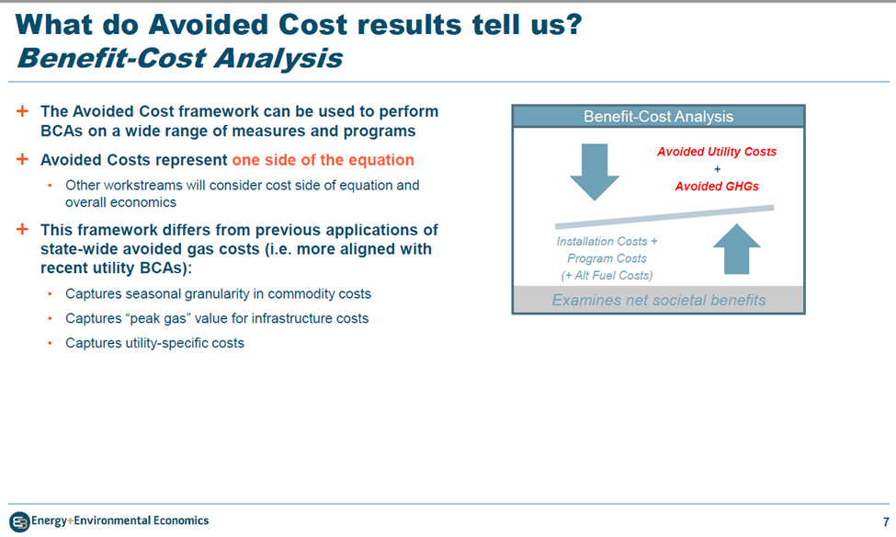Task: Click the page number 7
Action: (x=886, y=521)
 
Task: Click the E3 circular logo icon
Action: (x=19, y=521)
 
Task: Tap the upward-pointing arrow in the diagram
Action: (x=737, y=249)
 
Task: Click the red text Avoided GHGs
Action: (x=717, y=187)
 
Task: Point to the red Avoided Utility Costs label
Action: (x=717, y=152)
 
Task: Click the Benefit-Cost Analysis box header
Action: (x=658, y=117)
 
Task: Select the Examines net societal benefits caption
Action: (x=658, y=301)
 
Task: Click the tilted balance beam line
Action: (x=664, y=217)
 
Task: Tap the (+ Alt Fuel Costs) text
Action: (x=607, y=276)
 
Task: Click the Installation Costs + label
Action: (x=607, y=241)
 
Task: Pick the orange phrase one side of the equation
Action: (x=323, y=160)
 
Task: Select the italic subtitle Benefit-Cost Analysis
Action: (x=180, y=58)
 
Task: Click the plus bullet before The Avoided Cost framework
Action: (x=22, y=111)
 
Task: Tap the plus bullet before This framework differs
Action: (x=22, y=229)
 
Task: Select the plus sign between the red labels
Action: (x=717, y=169)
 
